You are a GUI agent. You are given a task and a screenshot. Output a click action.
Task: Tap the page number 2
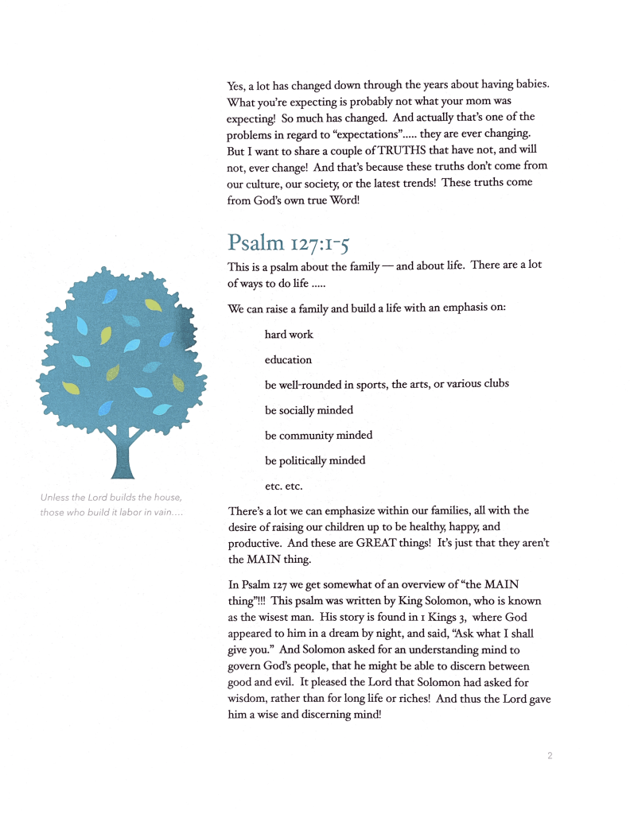point(549,756)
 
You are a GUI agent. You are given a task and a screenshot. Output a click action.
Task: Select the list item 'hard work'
point(289,335)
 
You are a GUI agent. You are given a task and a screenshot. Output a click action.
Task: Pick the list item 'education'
point(288,360)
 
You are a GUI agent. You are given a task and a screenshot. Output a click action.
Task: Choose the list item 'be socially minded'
point(309,410)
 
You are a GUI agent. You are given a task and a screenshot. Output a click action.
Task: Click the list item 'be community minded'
point(318,435)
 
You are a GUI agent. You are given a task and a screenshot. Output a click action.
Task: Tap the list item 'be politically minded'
point(315,460)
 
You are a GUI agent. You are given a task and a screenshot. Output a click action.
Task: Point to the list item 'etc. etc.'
point(284,485)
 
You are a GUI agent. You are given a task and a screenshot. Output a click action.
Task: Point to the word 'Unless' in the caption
point(52,498)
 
